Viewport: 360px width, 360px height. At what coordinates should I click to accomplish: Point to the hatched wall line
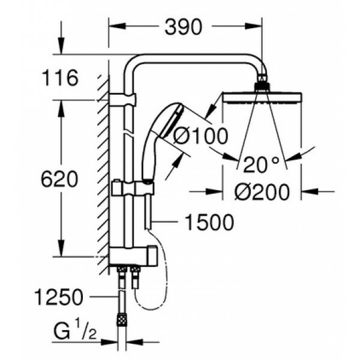point(103,168)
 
